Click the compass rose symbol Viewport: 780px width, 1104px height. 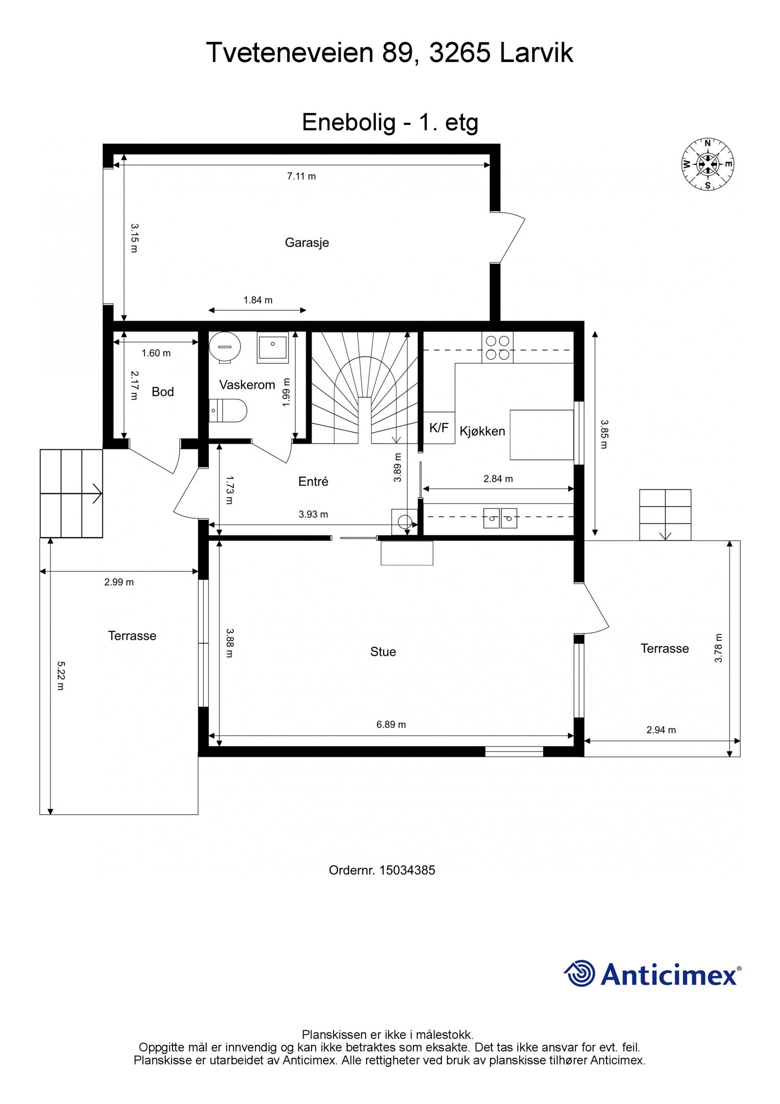[x=707, y=164]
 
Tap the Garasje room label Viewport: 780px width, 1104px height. [x=307, y=242]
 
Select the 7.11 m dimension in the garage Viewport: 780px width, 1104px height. [x=301, y=176]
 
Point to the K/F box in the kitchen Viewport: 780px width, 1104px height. [x=439, y=428]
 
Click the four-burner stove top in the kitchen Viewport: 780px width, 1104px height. [x=497, y=347]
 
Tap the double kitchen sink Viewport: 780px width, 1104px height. [x=500, y=518]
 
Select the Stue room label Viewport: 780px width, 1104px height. [x=383, y=652]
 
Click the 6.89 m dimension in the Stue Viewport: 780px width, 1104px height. [x=391, y=724]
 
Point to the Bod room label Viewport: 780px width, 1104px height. [x=163, y=392]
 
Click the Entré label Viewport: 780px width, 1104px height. [x=313, y=482]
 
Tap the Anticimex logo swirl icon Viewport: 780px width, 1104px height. [x=580, y=973]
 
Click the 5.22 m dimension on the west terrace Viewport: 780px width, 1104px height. [x=60, y=676]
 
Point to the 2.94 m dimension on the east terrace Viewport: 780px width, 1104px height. [x=661, y=730]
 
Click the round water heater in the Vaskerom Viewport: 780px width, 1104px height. [x=225, y=347]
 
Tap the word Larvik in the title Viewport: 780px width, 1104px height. [x=537, y=52]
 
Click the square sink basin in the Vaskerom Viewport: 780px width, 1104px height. [x=273, y=348]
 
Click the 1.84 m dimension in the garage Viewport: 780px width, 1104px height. [x=258, y=300]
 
